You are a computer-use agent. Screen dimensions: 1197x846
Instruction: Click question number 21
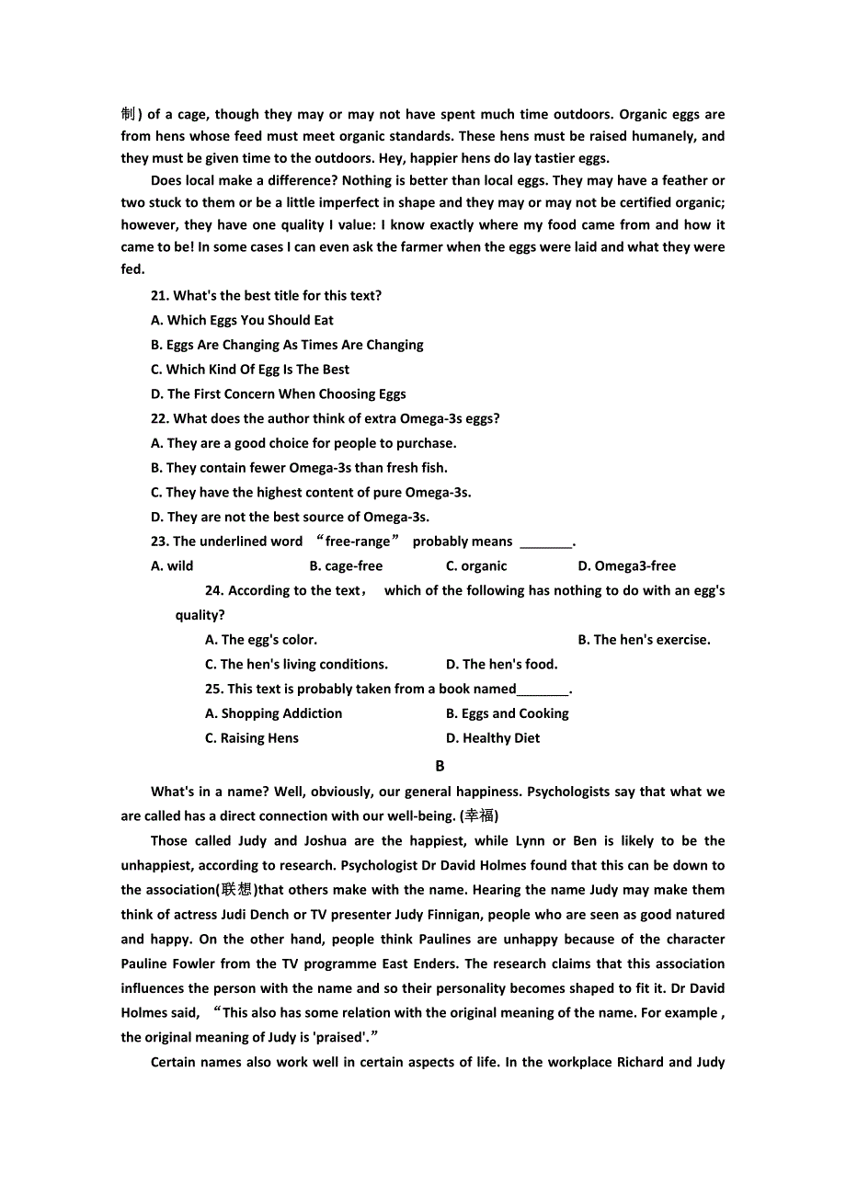pyautogui.click(x=160, y=296)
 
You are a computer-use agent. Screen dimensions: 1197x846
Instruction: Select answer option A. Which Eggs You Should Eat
pyautogui.click(x=242, y=321)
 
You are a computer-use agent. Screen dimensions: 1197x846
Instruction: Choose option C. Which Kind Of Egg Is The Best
pyautogui.click(x=250, y=370)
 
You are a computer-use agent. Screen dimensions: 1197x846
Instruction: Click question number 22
pyautogui.click(x=160, y=419)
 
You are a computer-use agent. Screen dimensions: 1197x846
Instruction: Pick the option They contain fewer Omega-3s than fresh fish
pyautogui.click(x=299, y=468)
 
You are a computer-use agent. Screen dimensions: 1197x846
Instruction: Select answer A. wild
pyautogui.click(x=172, y=566)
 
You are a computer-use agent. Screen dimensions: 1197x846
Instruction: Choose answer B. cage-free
pyautogui.click(x=346, y=566)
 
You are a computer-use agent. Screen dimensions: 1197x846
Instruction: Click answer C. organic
pyautogui.click(x=476, y=566)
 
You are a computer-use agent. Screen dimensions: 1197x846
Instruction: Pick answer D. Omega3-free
pyautogui.click(x=626, y=566)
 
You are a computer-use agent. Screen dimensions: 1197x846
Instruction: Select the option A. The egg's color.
pyautogui.click(x=261, y=640)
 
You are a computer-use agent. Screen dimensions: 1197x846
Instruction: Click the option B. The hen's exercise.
pyautogui.click(x=644, y=640)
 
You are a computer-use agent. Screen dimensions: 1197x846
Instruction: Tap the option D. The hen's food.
pyautogui.click(x=501, y=665)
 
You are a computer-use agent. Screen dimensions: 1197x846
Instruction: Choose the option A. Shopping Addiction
pyautogui.click(x=273, y=713)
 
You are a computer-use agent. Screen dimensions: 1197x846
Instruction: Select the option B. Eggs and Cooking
pyautogui.click(x=508, y=713)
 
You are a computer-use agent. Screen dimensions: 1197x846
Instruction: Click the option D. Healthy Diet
pyautogui.click(x=493, y=738)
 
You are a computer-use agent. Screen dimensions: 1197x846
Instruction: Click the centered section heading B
pyautogui.click(x=440, y=766)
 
